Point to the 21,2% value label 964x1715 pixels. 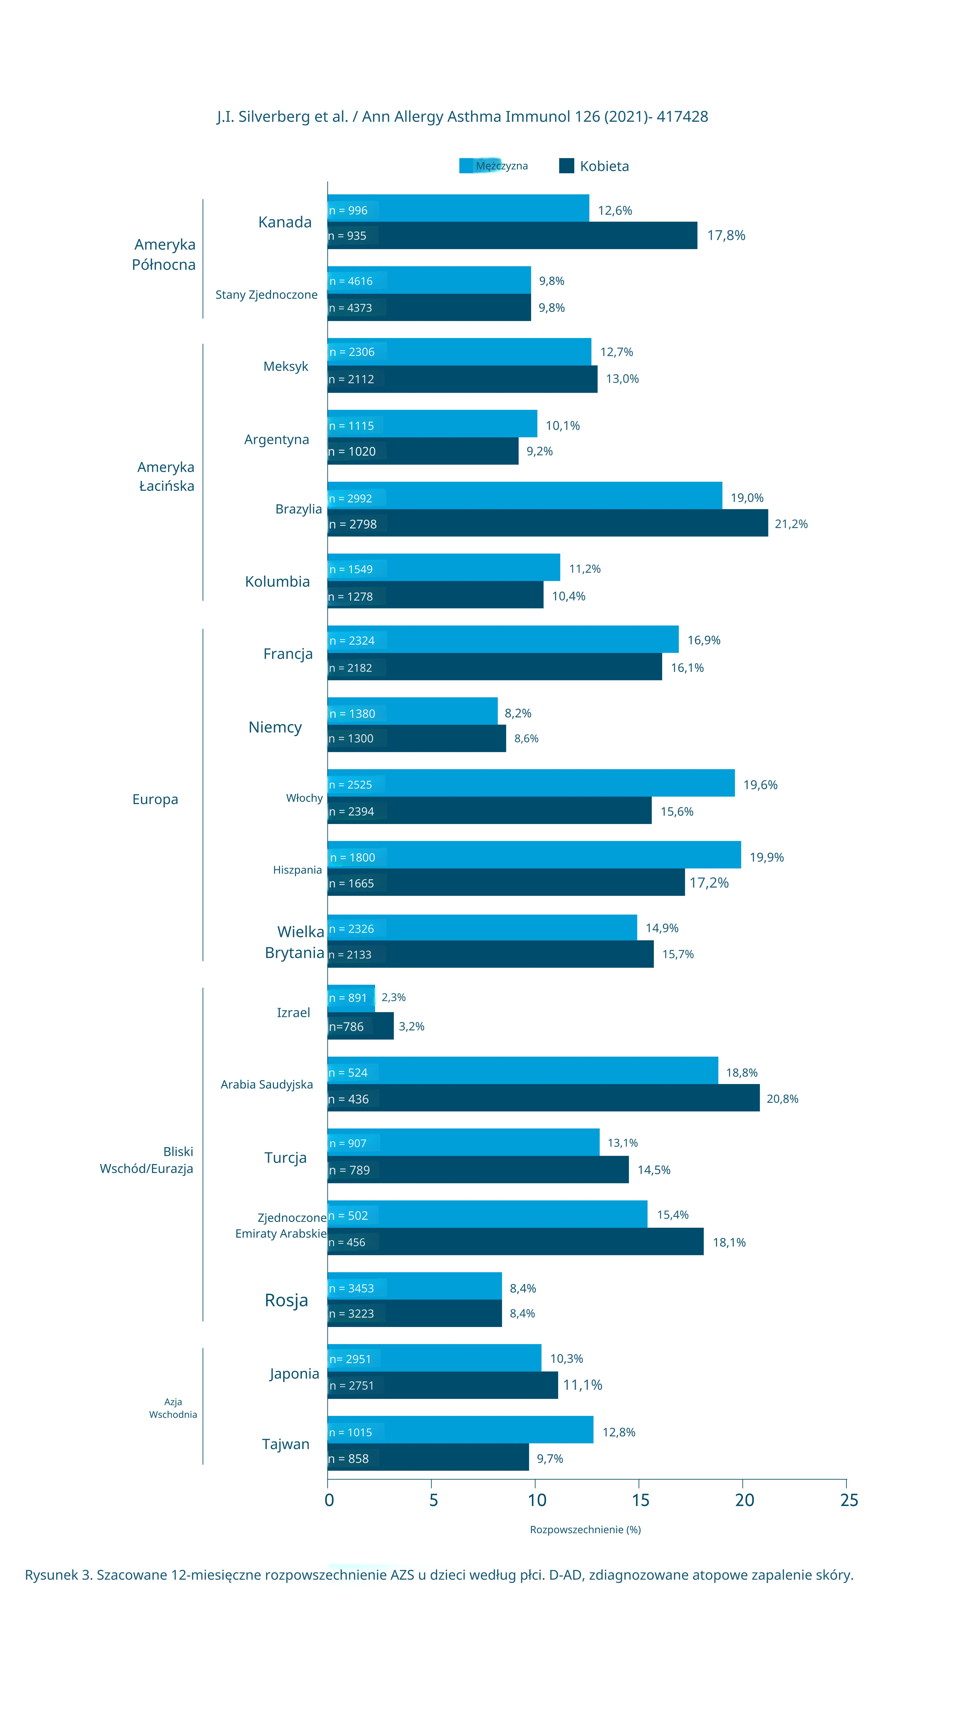tap(791, 524)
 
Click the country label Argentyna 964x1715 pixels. tap(277, 439)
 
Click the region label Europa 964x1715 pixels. tap(155, 799)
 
